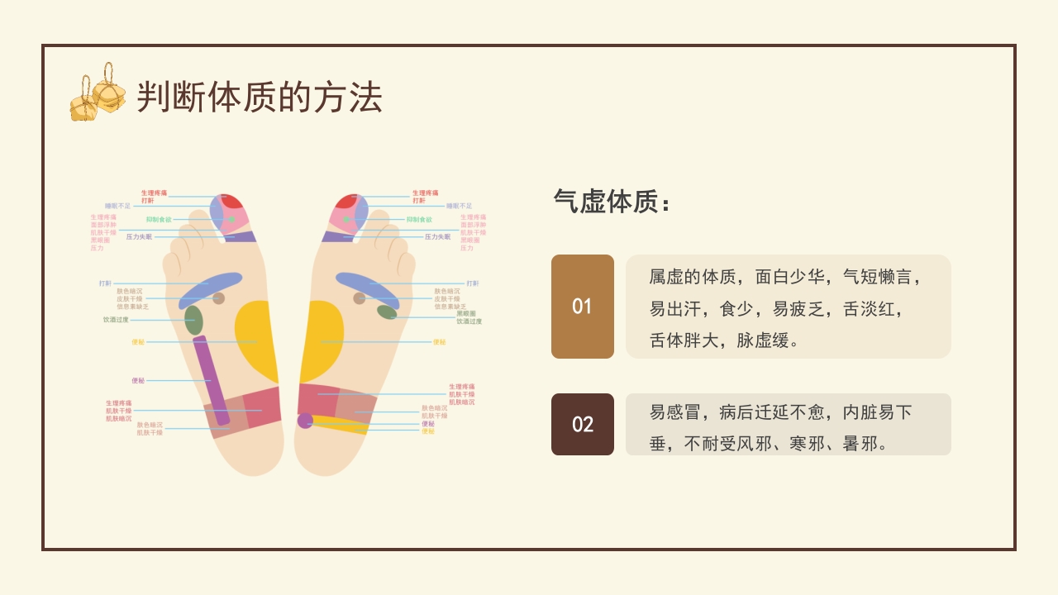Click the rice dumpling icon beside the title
coord(98,93)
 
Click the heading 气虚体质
coord(611,202)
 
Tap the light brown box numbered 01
coord(583,307)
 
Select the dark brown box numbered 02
coord(583,424)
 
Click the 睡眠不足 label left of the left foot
coord(117,206)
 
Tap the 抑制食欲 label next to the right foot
coord(419,220)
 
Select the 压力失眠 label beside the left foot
coord(139,237)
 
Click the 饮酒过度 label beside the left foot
coord(116,320)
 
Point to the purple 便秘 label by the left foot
coord(138,380)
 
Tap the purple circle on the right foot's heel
coord(305,421)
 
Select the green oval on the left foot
coord(193,320)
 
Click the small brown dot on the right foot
coord(359,298)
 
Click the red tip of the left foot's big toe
coord(232,201)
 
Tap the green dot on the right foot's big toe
coord(347,219)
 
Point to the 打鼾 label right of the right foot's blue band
coord(473,283)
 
